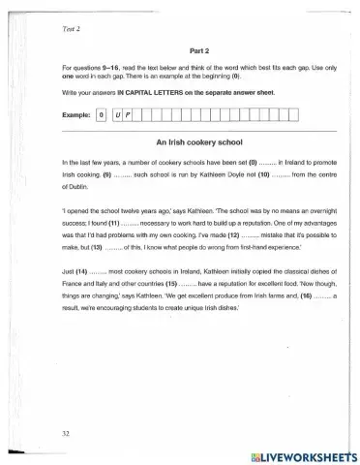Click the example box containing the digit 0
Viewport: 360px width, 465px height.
[102, 115]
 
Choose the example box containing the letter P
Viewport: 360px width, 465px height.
[127, 115]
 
